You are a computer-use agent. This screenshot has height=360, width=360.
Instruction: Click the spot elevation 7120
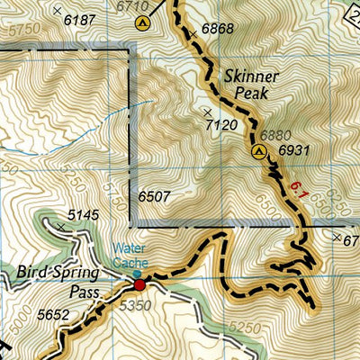coord(221,124)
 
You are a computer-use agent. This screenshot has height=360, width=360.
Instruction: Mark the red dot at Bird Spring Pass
coord(139,285)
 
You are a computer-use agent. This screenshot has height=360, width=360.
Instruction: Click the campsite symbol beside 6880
coord(258,152)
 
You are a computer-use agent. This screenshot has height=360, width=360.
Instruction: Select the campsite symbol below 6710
coord(140,24)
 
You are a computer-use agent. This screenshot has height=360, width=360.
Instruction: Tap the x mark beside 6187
coord(58,11)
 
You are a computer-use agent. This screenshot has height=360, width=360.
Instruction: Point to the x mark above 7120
coord(207,111)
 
